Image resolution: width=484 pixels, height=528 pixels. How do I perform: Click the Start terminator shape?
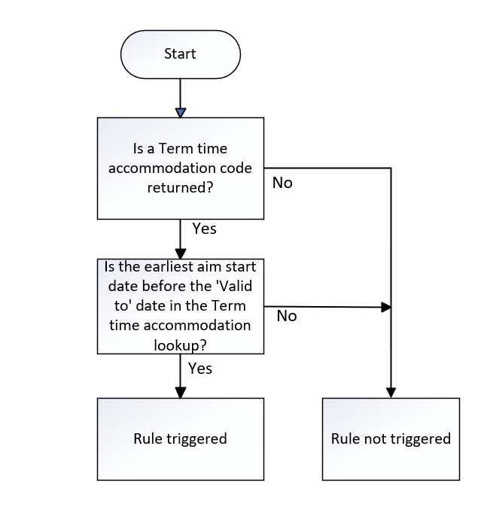pyautogui.click(x=180, y=54)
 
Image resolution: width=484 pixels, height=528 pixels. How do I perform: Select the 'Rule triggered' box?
pyautogui.click(x=180, y=438)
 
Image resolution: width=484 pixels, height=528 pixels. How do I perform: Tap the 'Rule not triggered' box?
pyautogui.click(x=391, y=438)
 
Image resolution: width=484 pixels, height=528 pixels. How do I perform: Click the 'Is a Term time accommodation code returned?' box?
pyautogui.click(x=180, y=168)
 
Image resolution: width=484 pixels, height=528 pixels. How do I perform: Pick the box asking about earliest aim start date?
pyautogui.click(x=180, y=305)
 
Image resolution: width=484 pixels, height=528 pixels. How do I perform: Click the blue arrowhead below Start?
pyautogui.click(x=180, y=112)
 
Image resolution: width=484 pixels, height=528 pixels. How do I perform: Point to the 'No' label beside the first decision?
pyautogui.click(x=282, y=183)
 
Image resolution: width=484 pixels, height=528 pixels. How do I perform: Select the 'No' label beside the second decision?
pyautogui.click(x=287, y=316)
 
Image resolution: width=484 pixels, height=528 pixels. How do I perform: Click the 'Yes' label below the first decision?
pyautogui.click(x=204, y=229)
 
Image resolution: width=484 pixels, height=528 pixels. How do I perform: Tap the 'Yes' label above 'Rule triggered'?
pyautogui.click(x=199, y=368)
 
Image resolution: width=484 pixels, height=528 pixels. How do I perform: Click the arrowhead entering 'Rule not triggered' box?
pyautogui.click(x=391, y=392)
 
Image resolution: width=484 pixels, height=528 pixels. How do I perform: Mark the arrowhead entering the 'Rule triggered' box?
pyautogui.click(x=180, y=392)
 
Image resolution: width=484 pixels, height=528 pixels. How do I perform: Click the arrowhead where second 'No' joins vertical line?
pyautogui.click(x=386, y=307)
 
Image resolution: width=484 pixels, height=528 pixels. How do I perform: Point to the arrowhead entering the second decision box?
pyautogui.click(x=180, y=252)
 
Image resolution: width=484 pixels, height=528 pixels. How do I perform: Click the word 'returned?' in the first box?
pyautogui.click(x=180, y=187)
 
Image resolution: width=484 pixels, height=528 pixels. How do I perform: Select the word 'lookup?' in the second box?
pyautogui.click(x=180, y=344)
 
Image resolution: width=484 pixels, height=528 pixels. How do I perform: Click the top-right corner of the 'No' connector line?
pyautogui.click(x=391, y=168)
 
